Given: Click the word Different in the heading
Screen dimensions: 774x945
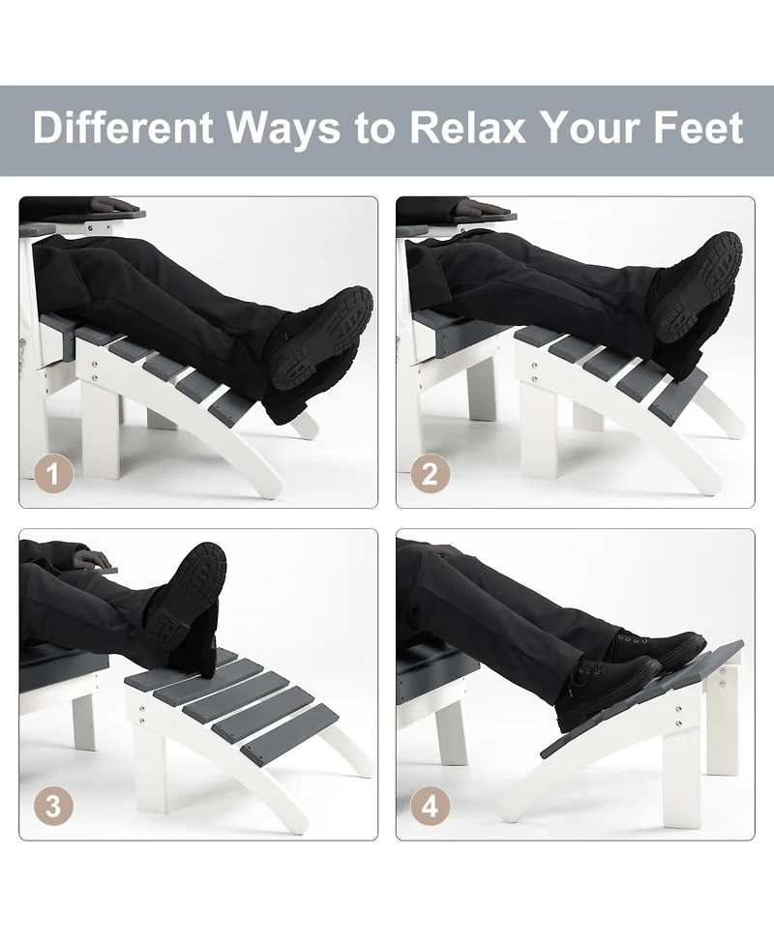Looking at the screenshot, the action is pos(123,127).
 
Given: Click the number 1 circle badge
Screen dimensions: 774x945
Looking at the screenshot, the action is pos(53,474).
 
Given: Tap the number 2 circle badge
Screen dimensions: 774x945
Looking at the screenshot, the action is pos(431,474).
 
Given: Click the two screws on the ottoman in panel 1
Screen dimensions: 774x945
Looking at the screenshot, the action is pos(95,370).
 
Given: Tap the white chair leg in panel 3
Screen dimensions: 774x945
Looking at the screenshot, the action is pos(84,721).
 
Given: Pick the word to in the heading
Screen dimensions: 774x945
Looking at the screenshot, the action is pos(375,129).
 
